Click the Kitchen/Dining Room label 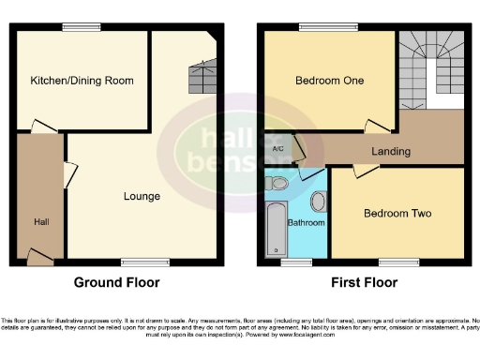pyautogui.click(x=82, y=81)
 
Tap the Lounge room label pyautogui.click(x=142, y=197)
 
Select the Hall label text pyautogui.click(x=41, y=221)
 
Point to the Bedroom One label pyautogui.click(x=329, y=81)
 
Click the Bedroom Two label pyautogui.click(x=397, y=214)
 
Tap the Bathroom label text pyautogui.click(x=306, y=223)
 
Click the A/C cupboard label pyautogui.click(x=277, y=149)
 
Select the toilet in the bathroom pyautogui.click(x=277, y=184)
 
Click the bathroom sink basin pyautogui.click(x=317, y=201)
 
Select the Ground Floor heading pyautogui.click(x=117, y=282)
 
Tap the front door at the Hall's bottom pyautogui.click(x=37, y=256)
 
